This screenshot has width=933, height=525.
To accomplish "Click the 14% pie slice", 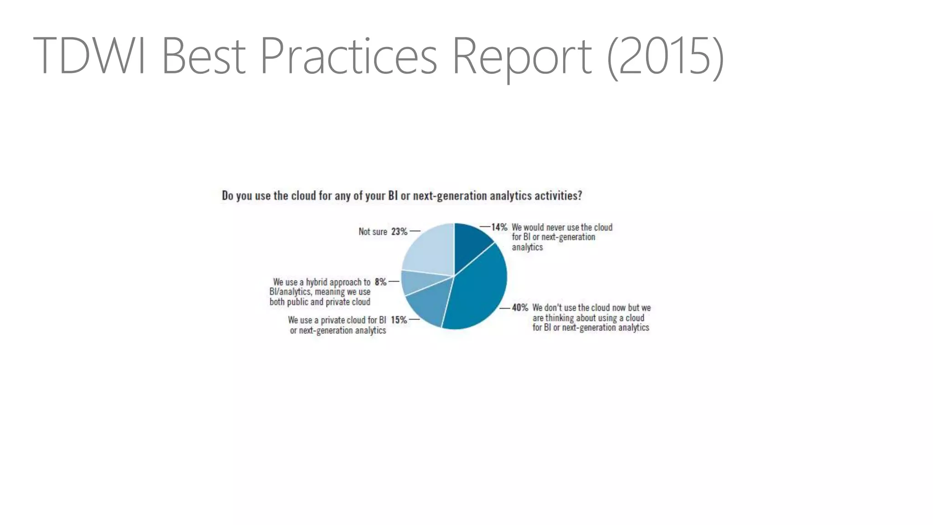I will (x=471, y=244).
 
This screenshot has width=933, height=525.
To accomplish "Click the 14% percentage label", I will (x=499, y=227).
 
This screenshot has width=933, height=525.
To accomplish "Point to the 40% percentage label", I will (x=520, y=308).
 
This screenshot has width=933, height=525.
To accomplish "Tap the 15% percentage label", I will (x=399, y=320).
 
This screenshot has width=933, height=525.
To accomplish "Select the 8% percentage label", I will (x=380, y=282).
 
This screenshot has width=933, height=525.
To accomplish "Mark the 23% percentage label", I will (x=399, y=232).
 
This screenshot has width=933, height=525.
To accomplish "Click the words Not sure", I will (x=373, y=232).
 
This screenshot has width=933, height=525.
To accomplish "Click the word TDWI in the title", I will (x=89, y=56).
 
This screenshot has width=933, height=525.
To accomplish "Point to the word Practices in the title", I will (x=349, y=56).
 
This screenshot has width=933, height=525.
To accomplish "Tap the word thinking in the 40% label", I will (x=561, y=318).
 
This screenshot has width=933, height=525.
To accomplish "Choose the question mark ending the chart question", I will (x=579, y=196).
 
